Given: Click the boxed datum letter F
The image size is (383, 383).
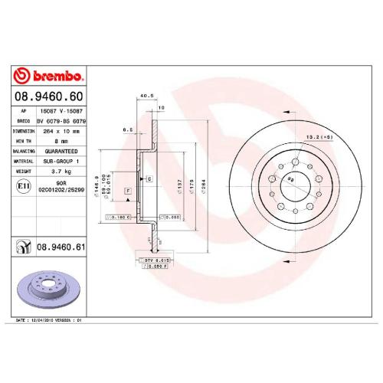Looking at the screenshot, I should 127,189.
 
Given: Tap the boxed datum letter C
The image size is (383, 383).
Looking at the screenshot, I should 149,178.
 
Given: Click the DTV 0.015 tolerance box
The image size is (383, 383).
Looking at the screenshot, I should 156,260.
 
